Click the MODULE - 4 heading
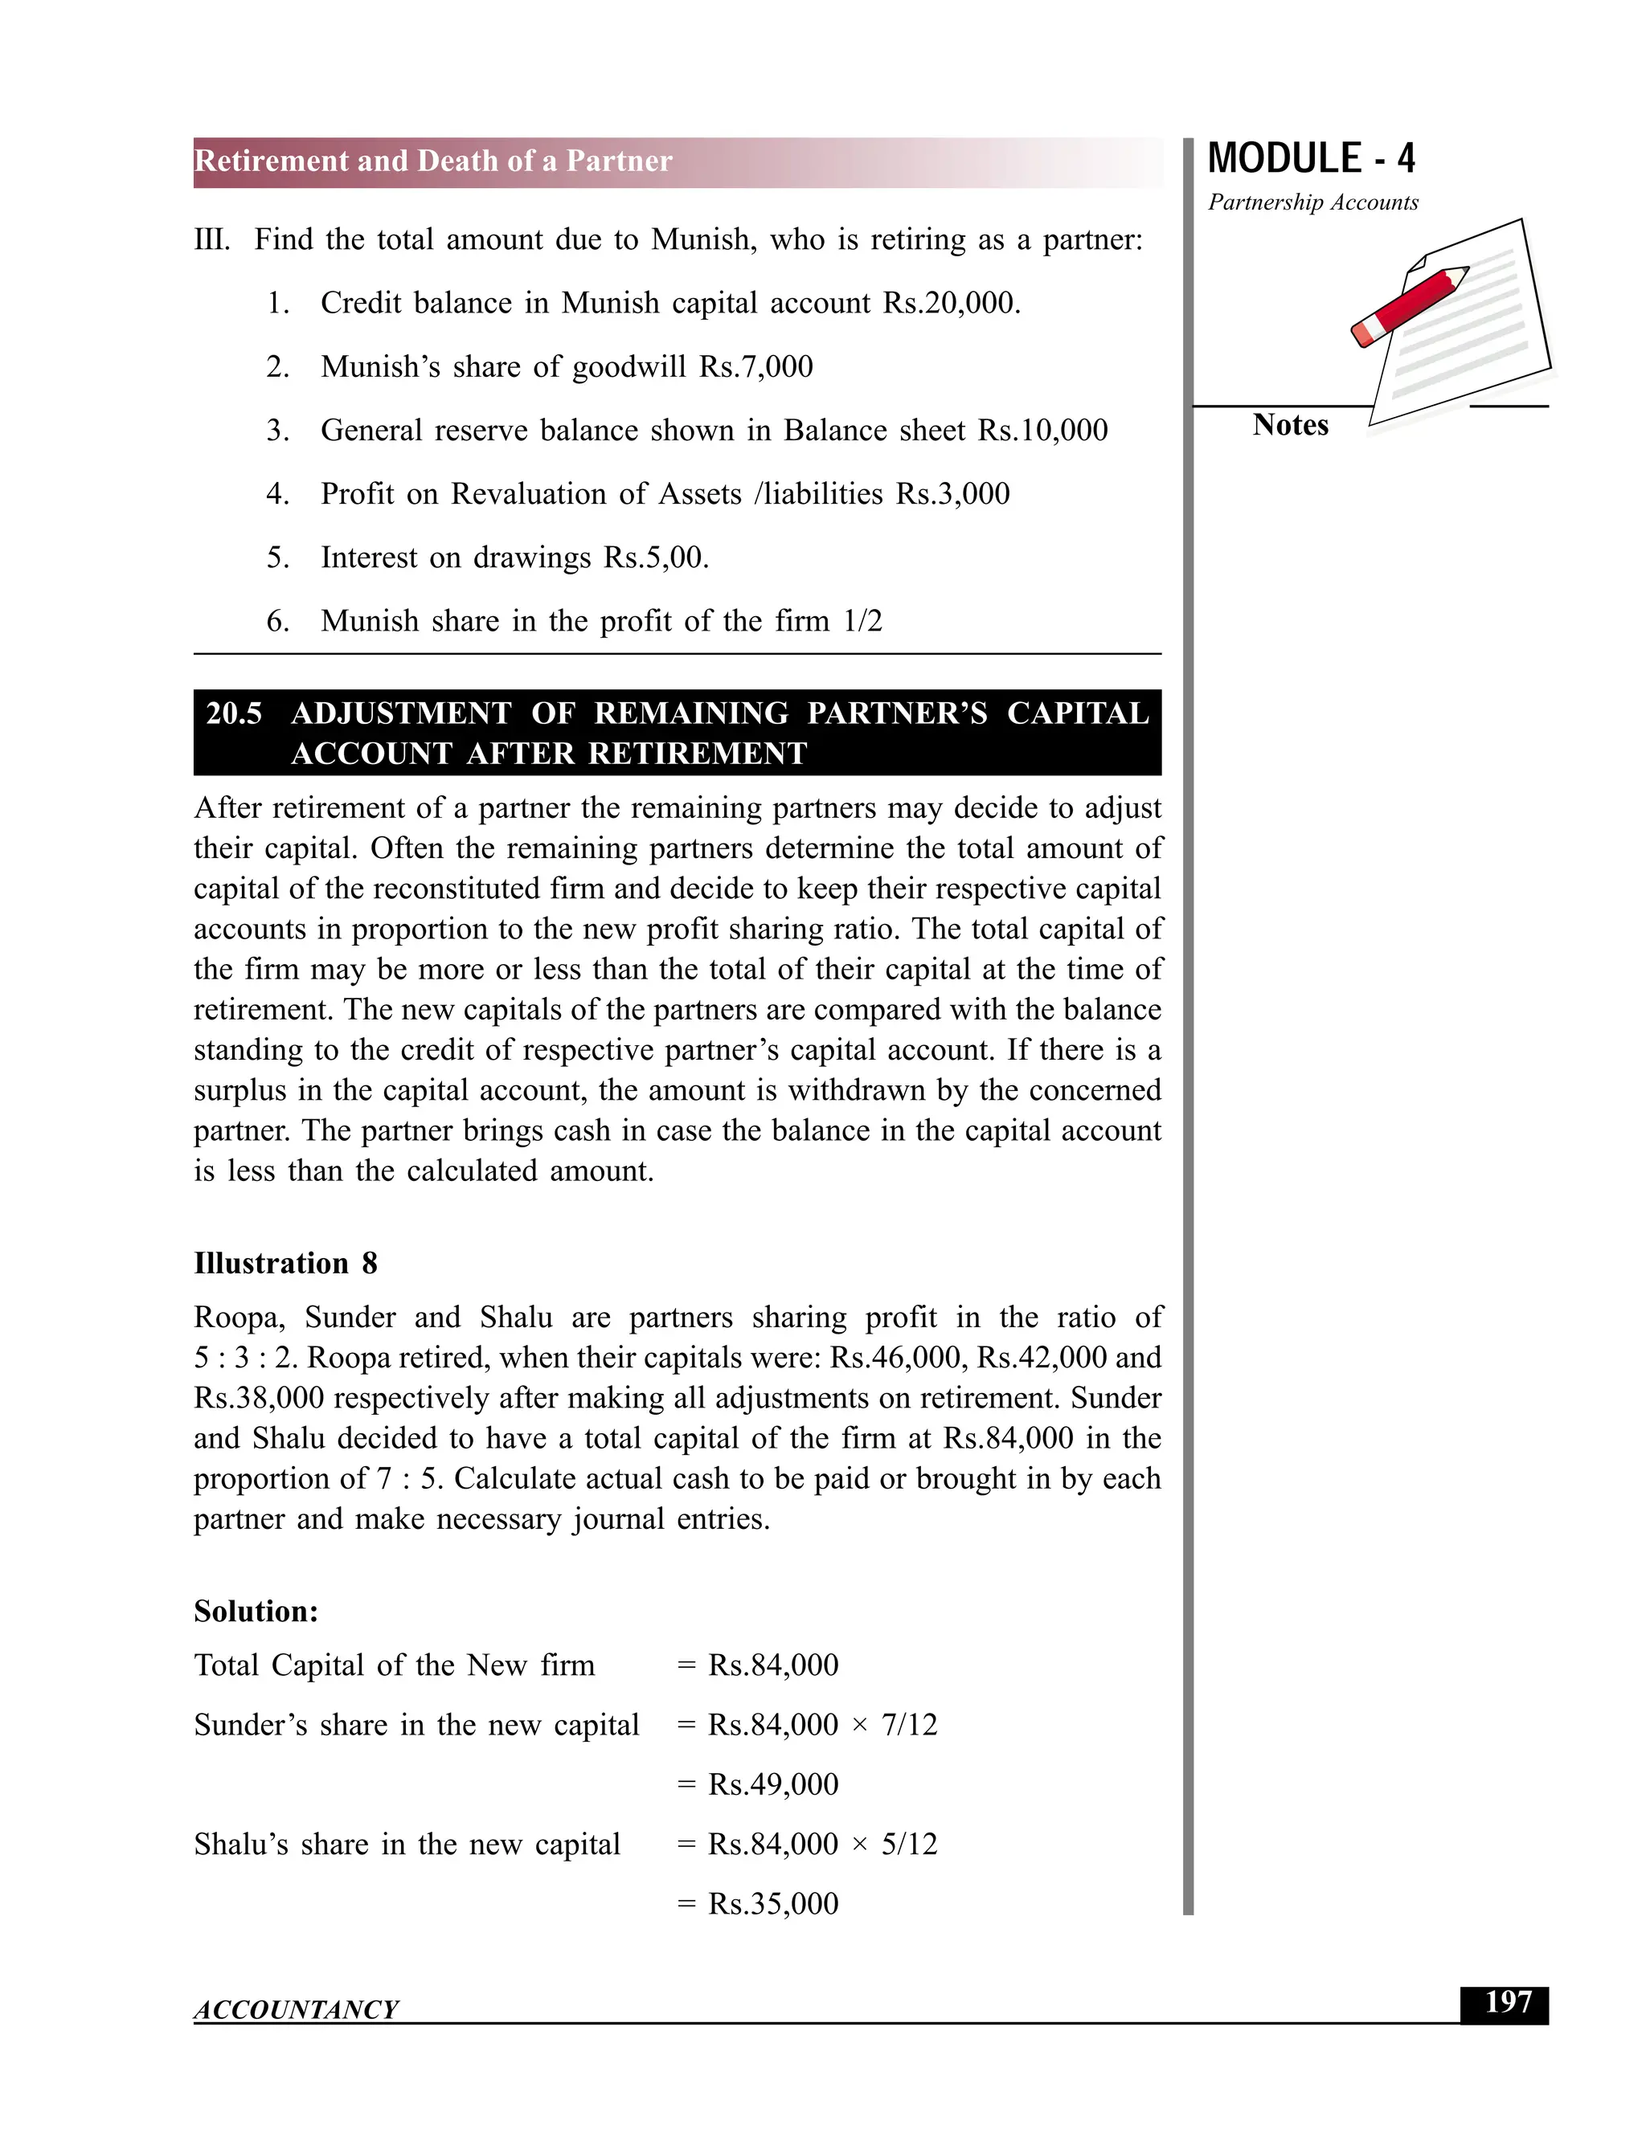[1311, 159]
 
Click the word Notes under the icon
[1289, 425]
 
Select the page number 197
[1507, 2003]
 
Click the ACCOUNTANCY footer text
[296, 2009]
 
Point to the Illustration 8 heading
[285, 1264]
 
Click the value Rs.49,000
[772, 1784]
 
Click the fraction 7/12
[909, 1724]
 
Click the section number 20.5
[234, 713]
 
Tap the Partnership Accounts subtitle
[1312, 202]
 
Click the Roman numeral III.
[211, 239]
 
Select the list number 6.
[277, 621]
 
